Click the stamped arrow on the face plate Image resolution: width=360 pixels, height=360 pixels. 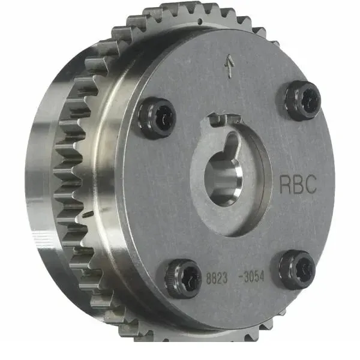point(230,66)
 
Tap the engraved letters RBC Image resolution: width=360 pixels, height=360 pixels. point(298,184)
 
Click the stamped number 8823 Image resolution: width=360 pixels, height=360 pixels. point(217,278)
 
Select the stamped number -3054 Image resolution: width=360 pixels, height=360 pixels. point(251,277)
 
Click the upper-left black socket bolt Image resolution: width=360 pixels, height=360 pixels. point(157,118)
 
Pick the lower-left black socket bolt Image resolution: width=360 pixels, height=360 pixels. point(183,278)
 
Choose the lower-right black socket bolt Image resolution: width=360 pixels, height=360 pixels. point(297,270)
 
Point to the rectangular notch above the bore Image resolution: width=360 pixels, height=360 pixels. point(224,120)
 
